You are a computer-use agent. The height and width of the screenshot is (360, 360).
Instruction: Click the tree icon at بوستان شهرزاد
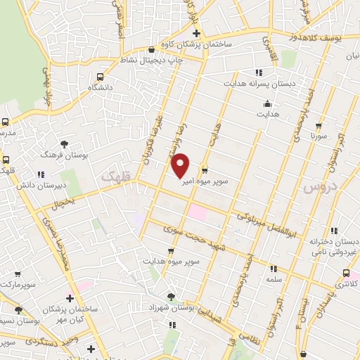pos(172,297)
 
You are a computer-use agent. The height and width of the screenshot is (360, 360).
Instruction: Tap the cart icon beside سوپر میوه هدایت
pos(172,251)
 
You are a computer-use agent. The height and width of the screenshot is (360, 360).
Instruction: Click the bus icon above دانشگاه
pos(100,76)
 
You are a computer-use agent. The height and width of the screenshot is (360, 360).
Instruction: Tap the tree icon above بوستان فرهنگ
pos(65,143)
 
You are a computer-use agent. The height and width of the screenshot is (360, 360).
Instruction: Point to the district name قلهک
pos(117,175)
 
